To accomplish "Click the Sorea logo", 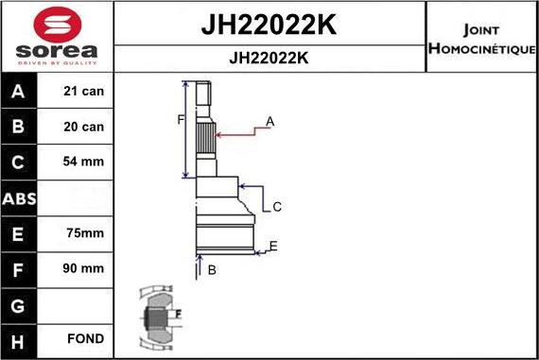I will tap(57, 35).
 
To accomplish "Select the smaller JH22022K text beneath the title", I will tap(269, 58).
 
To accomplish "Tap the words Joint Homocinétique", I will tap(481, 38).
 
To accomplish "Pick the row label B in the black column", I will tap(19, 127).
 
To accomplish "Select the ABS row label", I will tap(19, 197).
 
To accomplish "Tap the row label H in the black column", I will tap(19, 339).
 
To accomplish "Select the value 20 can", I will tap(84, 127).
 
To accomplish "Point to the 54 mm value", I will tap(84, 162).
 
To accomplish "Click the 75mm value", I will tap(84, 233).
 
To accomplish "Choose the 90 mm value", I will tap(84, 268).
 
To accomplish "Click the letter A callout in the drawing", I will tap(269, 122).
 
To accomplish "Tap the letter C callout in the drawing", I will tap(277, 207).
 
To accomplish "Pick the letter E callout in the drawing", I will tap(272, 247).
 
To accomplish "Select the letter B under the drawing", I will tap(212, 270).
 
